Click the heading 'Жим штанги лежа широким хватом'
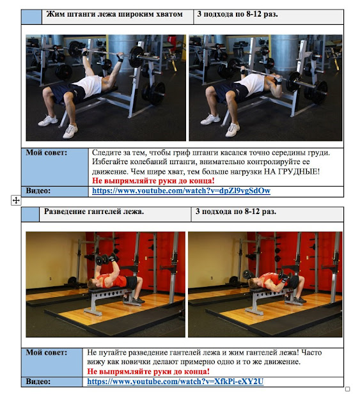click(x=114, y=14)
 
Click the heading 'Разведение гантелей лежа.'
click(x=94, y=212)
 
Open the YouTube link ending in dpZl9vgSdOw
click(x=181, y=191)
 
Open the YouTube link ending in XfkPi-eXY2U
click(x=175, y=382)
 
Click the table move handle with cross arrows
click(x=16, y=200)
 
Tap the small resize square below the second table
click(x=347, y=389)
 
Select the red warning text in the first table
click(x=153, y=180)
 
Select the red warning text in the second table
click(x=148, y=371)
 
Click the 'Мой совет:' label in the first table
click(x=46, y=153)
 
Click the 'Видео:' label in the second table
click(x=38, y=382)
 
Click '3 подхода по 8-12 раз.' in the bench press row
click(x=237, y=14)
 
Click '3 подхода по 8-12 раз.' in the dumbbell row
click(x=236, y=212)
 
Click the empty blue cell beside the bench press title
click(x=31, y=17)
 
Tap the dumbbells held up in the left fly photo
click(x=106, y=259)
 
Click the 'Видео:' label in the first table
click(x=38, y=191)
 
